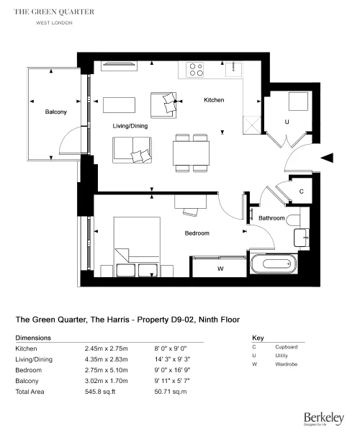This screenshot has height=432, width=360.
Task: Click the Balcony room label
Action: click(56, 112)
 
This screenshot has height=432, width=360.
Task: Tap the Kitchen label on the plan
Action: click(214, 100)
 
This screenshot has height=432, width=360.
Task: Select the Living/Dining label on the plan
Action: click(130, 126)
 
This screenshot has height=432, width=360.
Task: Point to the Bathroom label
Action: click(271, 218)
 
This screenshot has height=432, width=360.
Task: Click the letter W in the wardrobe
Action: click(220, 269)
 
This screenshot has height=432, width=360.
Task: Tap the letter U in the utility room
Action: click(287, 122)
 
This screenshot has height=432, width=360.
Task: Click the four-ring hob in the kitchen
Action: click(195, 70)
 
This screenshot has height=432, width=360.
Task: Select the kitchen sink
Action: click(233, 69)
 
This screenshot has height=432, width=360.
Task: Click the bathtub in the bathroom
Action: click(274, 264)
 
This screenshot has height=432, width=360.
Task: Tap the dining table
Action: click(191, 153)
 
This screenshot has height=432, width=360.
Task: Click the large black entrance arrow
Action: click(327, 158)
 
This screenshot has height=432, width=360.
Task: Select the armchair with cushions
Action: click(163, 105)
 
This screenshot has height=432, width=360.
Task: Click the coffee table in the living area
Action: click(120, 105)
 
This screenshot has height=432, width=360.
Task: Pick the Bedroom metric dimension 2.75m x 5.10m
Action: click(107, 370)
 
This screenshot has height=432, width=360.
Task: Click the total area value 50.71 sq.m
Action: click(171, 392)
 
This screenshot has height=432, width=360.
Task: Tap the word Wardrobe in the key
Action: click(287, 364)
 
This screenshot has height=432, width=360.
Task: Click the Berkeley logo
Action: click(324, 418)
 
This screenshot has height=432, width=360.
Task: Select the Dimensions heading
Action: click(33, 338)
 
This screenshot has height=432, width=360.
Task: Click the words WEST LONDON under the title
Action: click(54, 23)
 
